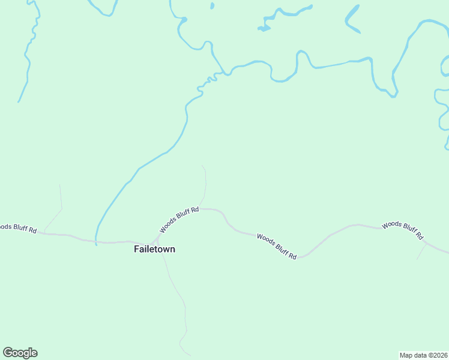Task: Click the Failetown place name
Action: pos(154,249)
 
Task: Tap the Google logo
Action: pos(20,353)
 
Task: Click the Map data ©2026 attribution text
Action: pos(423,355)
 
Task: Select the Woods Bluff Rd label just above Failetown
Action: pos(179,220)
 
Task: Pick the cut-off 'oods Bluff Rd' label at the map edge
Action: pos(18,228)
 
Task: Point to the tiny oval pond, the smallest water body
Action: pos(212,6)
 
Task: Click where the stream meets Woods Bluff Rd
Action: pos(96,242)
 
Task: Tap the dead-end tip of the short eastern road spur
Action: pos(418,259)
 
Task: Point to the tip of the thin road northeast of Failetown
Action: pos(202,166)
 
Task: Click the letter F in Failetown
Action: pos(136,249)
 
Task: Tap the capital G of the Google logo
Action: pos(8,353)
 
